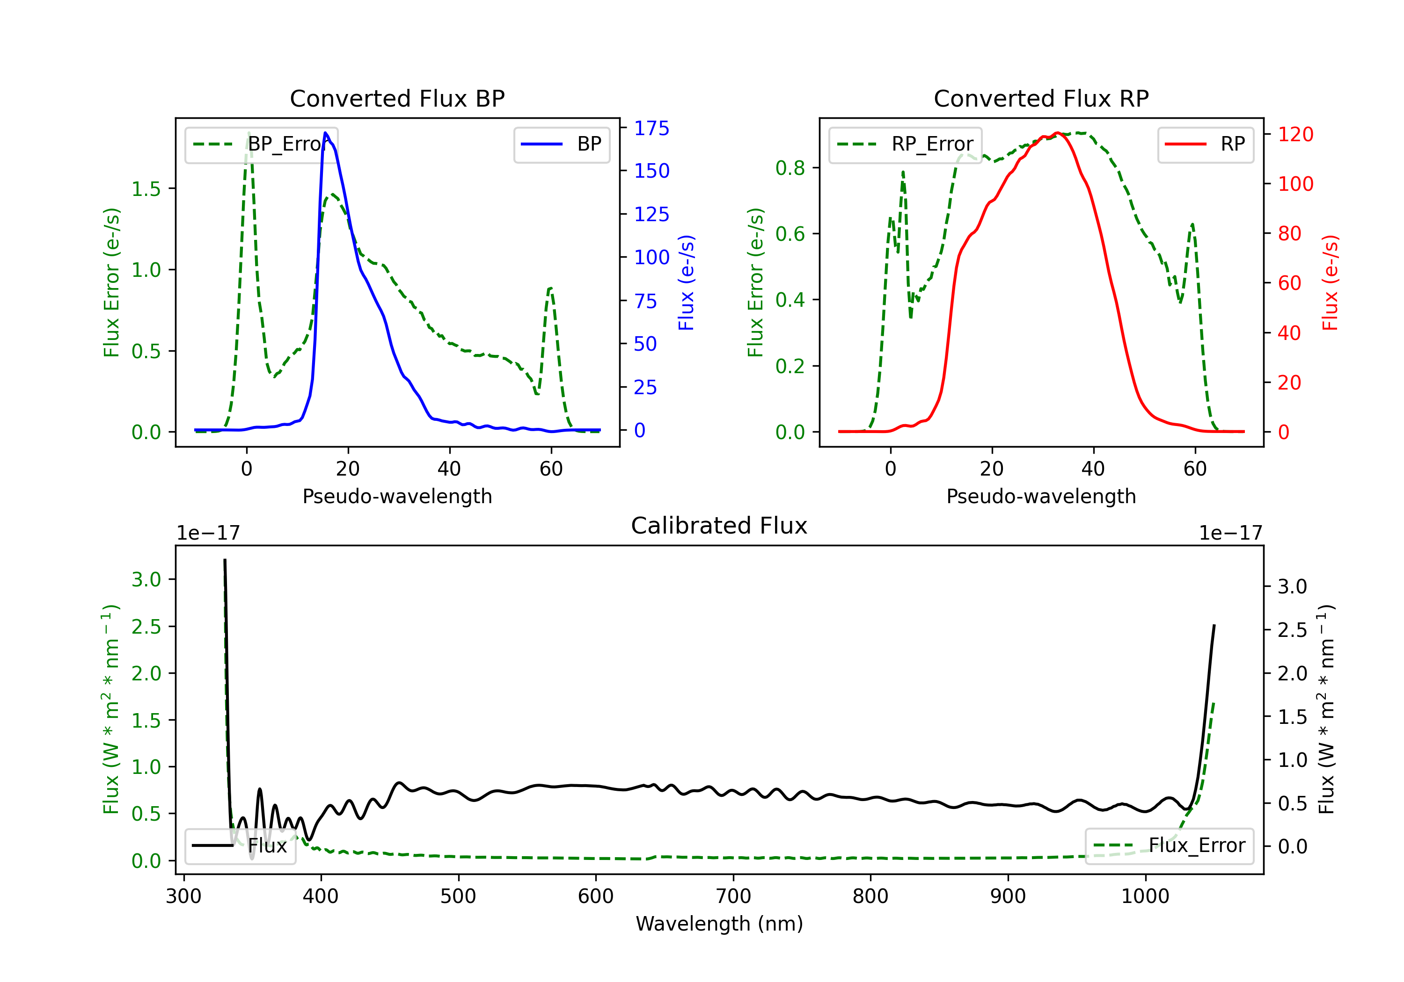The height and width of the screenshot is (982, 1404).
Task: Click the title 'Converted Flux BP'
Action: click(x=397, y=98)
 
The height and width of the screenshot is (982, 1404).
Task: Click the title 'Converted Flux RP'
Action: click(x=1041, y=98)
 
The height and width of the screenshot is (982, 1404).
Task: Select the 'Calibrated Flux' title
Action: click(x=719, y=526)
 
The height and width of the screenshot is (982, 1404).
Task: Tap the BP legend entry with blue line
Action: click(x=561, y=144)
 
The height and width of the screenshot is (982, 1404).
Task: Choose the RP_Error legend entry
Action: click(x=905, y=144)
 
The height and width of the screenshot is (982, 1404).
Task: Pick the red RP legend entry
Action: click(x=1205, y=144)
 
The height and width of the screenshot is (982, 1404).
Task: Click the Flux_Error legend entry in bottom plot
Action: click(x=1169, y=846)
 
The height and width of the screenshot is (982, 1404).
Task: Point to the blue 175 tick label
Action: click(x=651, y=128)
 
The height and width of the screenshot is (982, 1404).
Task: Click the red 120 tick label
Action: click(x=1295, y=134)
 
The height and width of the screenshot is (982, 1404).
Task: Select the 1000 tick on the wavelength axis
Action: click(x=1145, y=896)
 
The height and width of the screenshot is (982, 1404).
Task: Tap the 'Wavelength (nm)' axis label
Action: click(x=719, y=924)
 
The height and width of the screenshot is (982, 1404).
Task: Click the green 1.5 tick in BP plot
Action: click(x=146, y=189)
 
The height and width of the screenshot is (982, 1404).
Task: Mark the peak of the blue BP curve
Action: click(x=325, y=133)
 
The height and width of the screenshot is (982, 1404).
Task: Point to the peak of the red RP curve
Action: click(x=1057, y=133)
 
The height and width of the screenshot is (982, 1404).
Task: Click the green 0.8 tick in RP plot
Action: click(x=790, y=168)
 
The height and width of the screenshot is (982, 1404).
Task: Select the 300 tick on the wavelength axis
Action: click(x=183, y=896)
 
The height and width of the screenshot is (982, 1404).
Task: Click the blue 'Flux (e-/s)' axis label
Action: click(x=686, y=282)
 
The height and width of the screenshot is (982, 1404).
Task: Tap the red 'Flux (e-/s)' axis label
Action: click(x=1330, y=282)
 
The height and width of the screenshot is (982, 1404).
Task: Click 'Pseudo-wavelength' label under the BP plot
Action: click(x=397, y=496)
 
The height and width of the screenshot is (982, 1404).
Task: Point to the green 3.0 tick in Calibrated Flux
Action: click(x=146, y=579)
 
